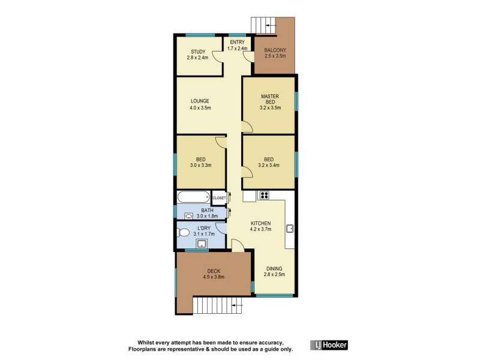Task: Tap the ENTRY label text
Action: tap(238, 41)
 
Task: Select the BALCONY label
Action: tap(275, 50)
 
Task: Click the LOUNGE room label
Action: tap(200, 101)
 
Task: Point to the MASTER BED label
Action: tap(269, 99)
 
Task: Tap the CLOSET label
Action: tap(219, 197)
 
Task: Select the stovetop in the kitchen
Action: tap(265, 195)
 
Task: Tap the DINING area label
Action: tap(273, 268)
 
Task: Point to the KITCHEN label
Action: tap(261, 222)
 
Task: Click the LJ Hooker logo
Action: tap(329, 345)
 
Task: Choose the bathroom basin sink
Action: tap(188, 215)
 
